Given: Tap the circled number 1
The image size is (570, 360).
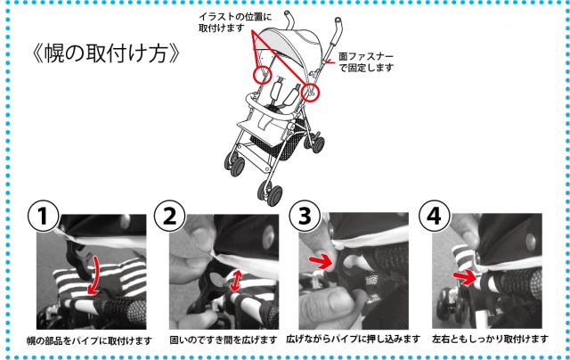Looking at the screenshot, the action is point(44,216).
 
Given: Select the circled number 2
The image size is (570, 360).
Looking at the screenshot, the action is point(170,216).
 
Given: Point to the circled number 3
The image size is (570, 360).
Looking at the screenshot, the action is point(305,216).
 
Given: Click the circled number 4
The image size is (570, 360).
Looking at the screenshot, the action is point(435,216).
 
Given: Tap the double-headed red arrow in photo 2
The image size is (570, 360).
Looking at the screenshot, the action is point(235,281).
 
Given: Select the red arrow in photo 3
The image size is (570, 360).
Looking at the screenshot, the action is point(320,261).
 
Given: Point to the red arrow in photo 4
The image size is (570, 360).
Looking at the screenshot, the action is point(465,278).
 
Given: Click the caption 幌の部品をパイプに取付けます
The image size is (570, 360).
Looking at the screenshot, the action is point(89,340).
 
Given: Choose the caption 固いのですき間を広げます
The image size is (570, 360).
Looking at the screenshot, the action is point(224,340).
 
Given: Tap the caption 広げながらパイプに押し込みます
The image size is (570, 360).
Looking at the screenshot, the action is point(353,340).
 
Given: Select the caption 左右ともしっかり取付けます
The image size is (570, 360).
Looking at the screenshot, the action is point(490,340).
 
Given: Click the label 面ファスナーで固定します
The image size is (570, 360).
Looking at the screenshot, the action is point(366,62).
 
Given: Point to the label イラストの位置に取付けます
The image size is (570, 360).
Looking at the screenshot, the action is point(235,22).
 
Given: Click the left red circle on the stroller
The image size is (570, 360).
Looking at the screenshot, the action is point(263,75).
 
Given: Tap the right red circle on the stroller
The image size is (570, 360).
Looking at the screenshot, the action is point(310,91).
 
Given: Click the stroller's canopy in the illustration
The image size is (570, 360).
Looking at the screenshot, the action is point(291,44).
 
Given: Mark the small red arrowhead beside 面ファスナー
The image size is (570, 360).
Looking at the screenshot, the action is point(330,62).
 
